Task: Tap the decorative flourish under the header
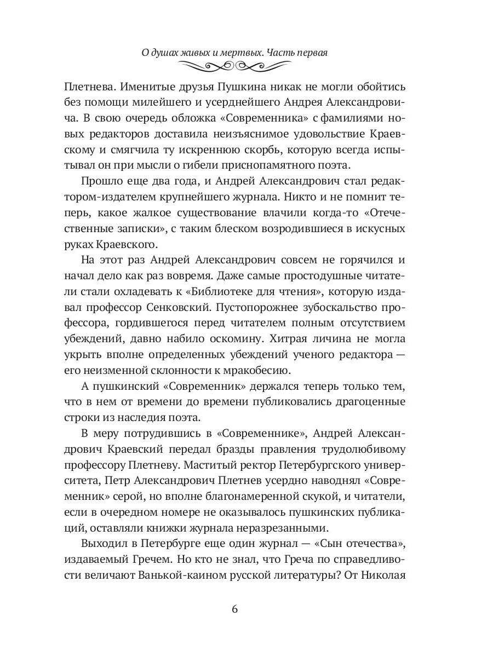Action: [235, 67]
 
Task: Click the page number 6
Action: [235, 609]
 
